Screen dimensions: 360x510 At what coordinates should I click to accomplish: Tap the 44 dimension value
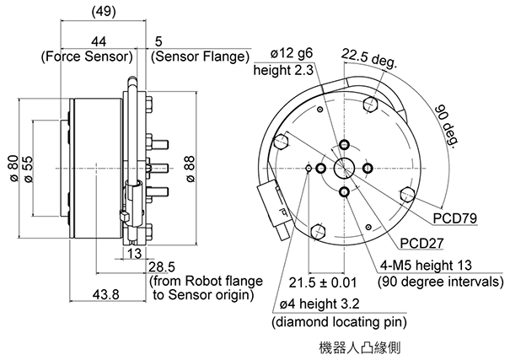pos(99,42)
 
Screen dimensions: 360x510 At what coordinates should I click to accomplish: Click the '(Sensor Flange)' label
pos(200,57)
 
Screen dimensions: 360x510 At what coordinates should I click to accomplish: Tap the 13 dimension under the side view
pos(134,253)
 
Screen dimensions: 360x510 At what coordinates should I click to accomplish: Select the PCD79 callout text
pos(455,218)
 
